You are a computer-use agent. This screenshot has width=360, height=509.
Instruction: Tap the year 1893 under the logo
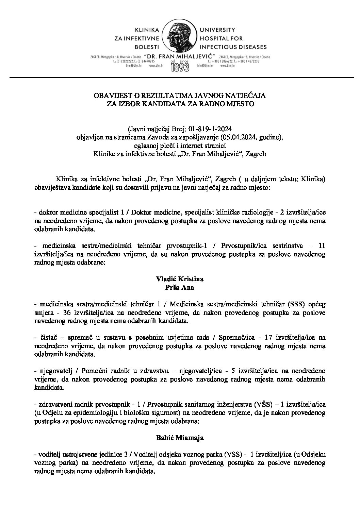pyautogui.click(x=180, y=67)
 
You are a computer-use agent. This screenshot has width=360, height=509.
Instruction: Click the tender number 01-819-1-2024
pyautogui.click(x=210, y=129)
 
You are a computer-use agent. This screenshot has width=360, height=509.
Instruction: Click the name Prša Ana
pyautogui.click(x=180, y=287)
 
